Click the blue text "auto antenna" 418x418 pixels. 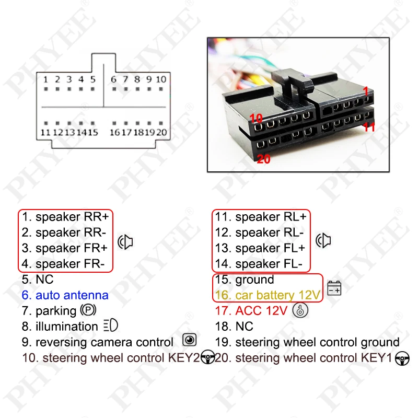[x=72, y=295]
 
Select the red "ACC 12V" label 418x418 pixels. [x=261, y=311]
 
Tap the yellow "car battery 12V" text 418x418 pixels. [x=277, y=295]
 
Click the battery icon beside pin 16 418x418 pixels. [x=334, y=288]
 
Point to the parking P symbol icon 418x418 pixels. [x=88, y=311]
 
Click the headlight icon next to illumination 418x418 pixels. [x=111, y=326]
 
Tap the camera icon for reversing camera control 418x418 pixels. [x=189, y=341]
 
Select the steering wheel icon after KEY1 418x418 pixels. [x=403, y=358]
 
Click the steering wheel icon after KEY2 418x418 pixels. [x=208, y=358]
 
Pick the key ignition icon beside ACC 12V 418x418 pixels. [x=301, y=310]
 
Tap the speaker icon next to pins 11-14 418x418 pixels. [x=324, y=240]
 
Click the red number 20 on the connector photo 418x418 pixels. [x=264, y=159]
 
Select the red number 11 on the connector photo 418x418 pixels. [x=369, y=126]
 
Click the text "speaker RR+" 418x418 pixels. [x=74, y=217]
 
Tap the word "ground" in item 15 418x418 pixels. [x=254, y=280]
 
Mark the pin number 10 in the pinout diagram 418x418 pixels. [x=161, y=79]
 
